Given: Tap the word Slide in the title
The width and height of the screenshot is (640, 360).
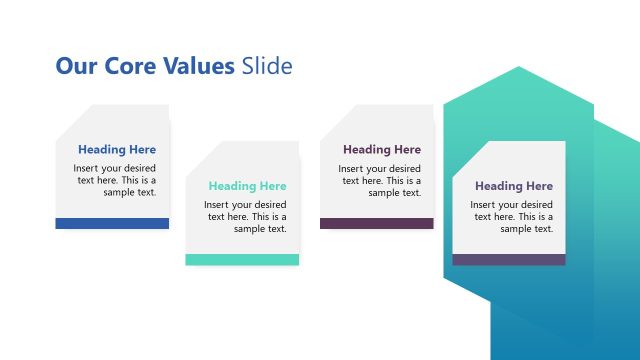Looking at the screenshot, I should (x=267, y=67).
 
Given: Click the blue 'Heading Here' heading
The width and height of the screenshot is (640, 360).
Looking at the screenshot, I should (x=117, y=150).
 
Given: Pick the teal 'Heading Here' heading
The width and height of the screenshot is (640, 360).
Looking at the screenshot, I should (x=247, y=186).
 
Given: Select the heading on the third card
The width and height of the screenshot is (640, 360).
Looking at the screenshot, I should (x=382, y=150).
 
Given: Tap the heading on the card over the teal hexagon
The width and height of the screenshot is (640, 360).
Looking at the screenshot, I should (x=513, y=186).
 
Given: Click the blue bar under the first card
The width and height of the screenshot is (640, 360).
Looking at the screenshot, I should (x=112, y=223).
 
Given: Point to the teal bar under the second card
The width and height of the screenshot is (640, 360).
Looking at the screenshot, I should (x=242, y=259).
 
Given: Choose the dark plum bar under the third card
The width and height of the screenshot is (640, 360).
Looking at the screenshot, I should (x=376, y=223).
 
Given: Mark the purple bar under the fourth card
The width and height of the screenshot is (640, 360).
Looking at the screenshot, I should (x=508, y=259).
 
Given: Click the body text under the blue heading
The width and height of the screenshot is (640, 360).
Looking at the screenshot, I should (x=115, y=180).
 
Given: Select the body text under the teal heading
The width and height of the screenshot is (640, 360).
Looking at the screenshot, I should (x=246, y=216).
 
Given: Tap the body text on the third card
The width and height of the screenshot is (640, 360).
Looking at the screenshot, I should (x=380, y=180).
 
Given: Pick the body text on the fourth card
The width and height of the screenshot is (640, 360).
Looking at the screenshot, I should (x=511, y=216).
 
